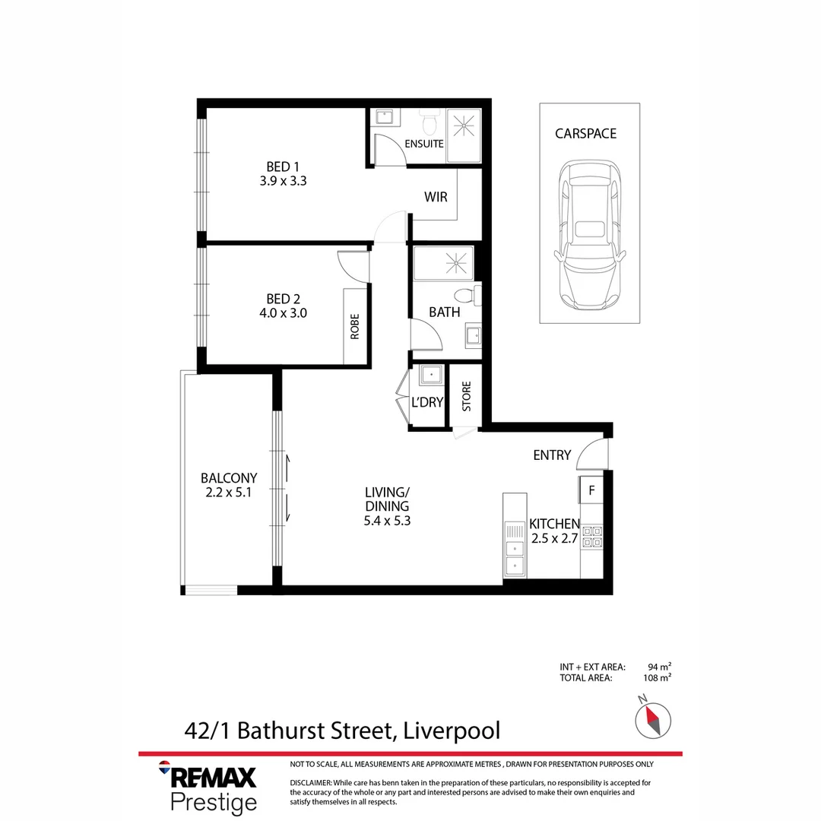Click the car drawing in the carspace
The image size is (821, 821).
(589, 236)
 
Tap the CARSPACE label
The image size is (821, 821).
(585, 134)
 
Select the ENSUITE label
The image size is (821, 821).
(423, 144)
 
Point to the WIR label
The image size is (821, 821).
(436, 197)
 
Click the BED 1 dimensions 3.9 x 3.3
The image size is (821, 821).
(282, 182)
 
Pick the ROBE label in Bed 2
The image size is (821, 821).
(354, 326)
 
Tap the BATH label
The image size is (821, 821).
(444, 312)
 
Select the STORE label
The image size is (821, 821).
(466, 396)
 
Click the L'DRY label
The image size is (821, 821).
(426, 402)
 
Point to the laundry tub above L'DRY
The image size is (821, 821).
(431, 376)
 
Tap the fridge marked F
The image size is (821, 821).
(591, 490)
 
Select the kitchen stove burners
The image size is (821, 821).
(591, 537)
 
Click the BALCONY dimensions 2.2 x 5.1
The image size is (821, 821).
(229, 493)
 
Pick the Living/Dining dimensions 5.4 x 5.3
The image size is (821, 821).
(387, 521)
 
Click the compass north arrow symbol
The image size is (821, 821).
(653, 718)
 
